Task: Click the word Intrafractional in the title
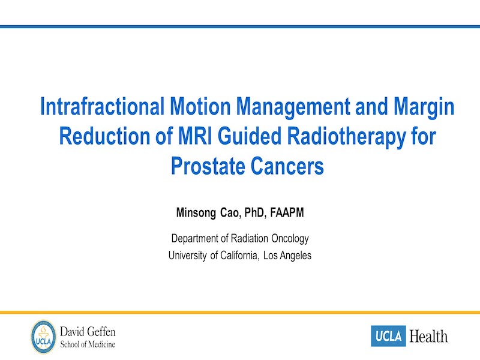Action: pyautogui.click(x=102, y=106)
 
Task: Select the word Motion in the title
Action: pyautogui.click(x=200, y=106)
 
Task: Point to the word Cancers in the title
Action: pyautogui.click(x=287, y=166)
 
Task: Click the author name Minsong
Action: pyautogui.click(x=196, y=213)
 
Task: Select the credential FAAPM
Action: pyautogui.click(x=287, y=212)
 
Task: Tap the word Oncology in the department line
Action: pyautogui.click(x=290, y=239)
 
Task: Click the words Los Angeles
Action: pyautogui.click(x=287, y=256)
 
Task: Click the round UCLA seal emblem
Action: pyautogui.click(x=43, y=337)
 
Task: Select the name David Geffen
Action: pyautogui.click(x=88, y=332)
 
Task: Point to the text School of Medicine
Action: pyautogui.click(x=88, y=344)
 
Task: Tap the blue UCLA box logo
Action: pyautogui.click(x=388, y=336)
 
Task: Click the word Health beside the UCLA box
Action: pyautogui.click(x=428, y=337)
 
